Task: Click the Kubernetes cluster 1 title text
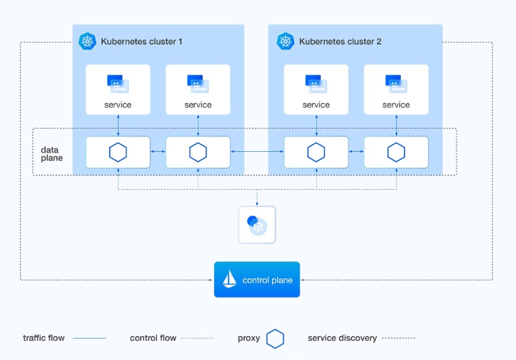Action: point(142,41)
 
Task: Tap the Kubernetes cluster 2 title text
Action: point(340,41)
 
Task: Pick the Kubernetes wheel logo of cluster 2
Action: point(286,41)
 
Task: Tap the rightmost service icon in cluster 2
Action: point(396,82)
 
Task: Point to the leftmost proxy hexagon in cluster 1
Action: point(117,153)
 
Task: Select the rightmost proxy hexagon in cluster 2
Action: point(396,153)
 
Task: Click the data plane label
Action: point(52,153)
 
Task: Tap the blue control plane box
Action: point(257,280)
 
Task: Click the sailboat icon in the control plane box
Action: point(229,280)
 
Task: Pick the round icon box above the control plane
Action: point(257,224)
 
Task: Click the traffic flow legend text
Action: point(44,338)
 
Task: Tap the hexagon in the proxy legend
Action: point(276,338)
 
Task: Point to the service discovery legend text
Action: point(341,338)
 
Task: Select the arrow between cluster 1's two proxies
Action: point(158,153)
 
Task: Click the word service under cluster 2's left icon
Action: point(316,104)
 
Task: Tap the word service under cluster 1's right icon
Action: point(198,104)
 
